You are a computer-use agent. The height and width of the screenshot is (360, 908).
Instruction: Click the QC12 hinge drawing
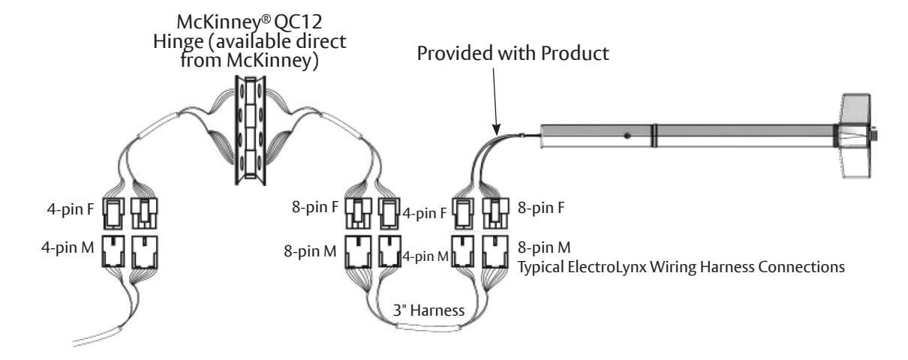click(x=251, y=130)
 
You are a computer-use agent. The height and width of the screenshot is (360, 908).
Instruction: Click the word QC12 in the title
click(x=298, y=22)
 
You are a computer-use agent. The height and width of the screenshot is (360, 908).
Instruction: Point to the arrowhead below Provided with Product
click(x=497, y=129)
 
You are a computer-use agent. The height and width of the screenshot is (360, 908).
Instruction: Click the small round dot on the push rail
click(x=627, y=136)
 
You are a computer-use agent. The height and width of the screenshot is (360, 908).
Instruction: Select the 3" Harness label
click(x=429, y=310)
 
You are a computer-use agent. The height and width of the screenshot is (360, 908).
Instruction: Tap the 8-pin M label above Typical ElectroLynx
click(x=544, y=247)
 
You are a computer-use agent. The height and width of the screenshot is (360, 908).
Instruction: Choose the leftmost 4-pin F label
click(x=70, y=209)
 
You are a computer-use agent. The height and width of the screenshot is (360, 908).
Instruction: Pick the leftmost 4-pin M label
click(x=68, y=247)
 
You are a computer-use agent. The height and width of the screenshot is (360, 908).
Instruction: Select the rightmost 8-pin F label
click(x=541, y=207)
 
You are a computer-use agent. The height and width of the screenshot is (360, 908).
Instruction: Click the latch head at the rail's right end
click(x=856, y=136)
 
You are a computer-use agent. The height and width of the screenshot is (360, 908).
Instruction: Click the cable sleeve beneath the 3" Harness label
click(x=429, y=326)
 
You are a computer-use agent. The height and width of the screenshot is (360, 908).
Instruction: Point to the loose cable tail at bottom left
click(x=98, y=336)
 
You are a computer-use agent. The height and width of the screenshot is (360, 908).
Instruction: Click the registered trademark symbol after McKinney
click(x=266, y=18)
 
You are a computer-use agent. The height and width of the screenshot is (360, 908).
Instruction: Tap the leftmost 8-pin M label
click(x=310, y=251)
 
